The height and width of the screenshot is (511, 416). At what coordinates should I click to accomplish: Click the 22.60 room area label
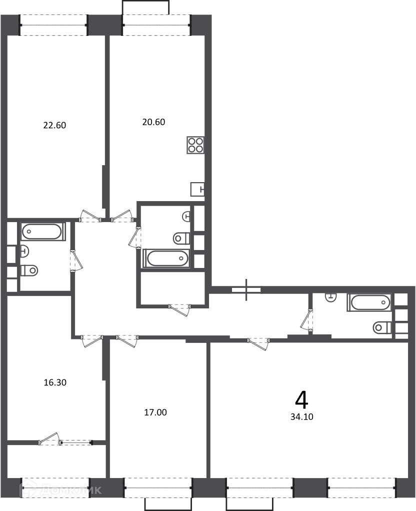click(x=55, y=125)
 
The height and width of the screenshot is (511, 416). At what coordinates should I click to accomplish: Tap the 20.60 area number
click(x=154, y=122)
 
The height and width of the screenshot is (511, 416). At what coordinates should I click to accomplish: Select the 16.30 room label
click(x=55, y=382)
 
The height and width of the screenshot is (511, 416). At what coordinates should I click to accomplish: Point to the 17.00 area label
click(x=155, y=413)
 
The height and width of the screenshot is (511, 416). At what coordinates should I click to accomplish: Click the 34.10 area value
click(x=302, y=417)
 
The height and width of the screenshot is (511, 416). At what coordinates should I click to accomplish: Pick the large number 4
click(x=301, y=400)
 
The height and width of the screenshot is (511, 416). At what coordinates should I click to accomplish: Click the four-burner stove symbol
click(x=196, y=145)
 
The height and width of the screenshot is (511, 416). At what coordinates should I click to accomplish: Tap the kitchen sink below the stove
click(x=197, y=189)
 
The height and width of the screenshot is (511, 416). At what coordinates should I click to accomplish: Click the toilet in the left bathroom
click(x=29, y=270)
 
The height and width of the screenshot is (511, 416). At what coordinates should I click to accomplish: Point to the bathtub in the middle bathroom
click(x=166, y=258)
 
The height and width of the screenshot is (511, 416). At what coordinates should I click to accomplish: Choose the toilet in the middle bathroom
click(x=181, y=238)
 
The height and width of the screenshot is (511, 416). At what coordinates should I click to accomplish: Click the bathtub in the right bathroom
click(x=369, y=302)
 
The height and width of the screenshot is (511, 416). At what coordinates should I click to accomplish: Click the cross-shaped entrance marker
click(x=246, y=289)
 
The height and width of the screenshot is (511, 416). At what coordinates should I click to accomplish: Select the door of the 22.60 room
click(x=90, y=216)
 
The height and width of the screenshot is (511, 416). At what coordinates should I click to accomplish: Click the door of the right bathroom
click(x=307, y=321)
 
